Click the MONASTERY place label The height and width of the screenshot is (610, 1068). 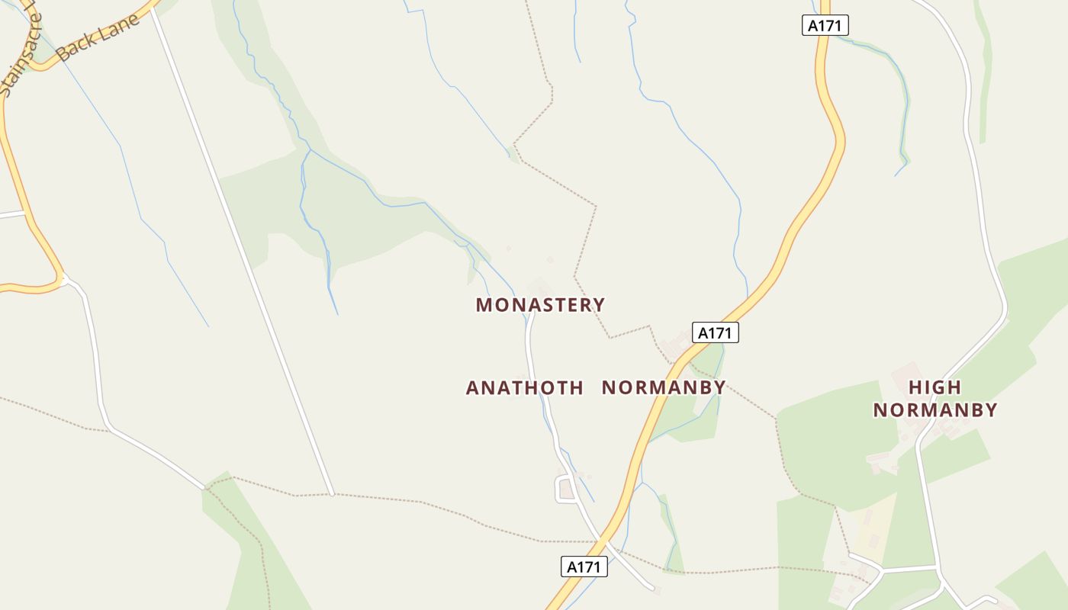tap(540, 305)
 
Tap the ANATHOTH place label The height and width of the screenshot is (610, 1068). tap(525, 387)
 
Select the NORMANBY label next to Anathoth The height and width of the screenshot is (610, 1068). tap(664, 387)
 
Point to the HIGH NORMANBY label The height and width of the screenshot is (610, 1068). tap(935, 398)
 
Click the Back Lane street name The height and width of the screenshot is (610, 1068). tap(98, 37)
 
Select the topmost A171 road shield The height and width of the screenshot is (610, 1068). tap(825, 25)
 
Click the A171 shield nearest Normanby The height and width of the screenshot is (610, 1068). tap(716, 332)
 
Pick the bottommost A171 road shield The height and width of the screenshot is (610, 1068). tap(584, 567)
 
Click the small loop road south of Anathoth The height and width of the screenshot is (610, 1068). tap(565, 488)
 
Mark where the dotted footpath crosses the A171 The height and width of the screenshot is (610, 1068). tap(603, 542)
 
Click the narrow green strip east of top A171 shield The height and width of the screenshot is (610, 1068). tap(986, 76)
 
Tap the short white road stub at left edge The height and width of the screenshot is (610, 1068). tap(11, 215)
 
